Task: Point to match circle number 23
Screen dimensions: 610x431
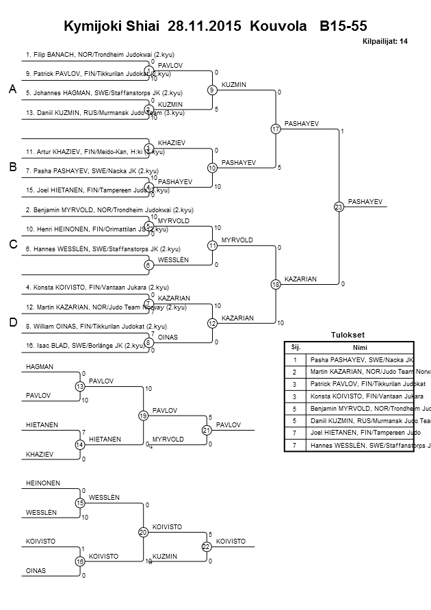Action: click(338, 206)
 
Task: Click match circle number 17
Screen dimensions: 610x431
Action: click(275, 129)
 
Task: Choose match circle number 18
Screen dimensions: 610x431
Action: click(275, 284)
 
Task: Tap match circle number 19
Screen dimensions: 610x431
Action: click(143, 416)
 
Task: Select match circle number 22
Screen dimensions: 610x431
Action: click(206, 546)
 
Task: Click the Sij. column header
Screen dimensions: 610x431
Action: click(296, 346)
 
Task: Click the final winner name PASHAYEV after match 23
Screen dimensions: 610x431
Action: click(365, 201)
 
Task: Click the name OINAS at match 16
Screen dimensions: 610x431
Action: click(35, 570)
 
